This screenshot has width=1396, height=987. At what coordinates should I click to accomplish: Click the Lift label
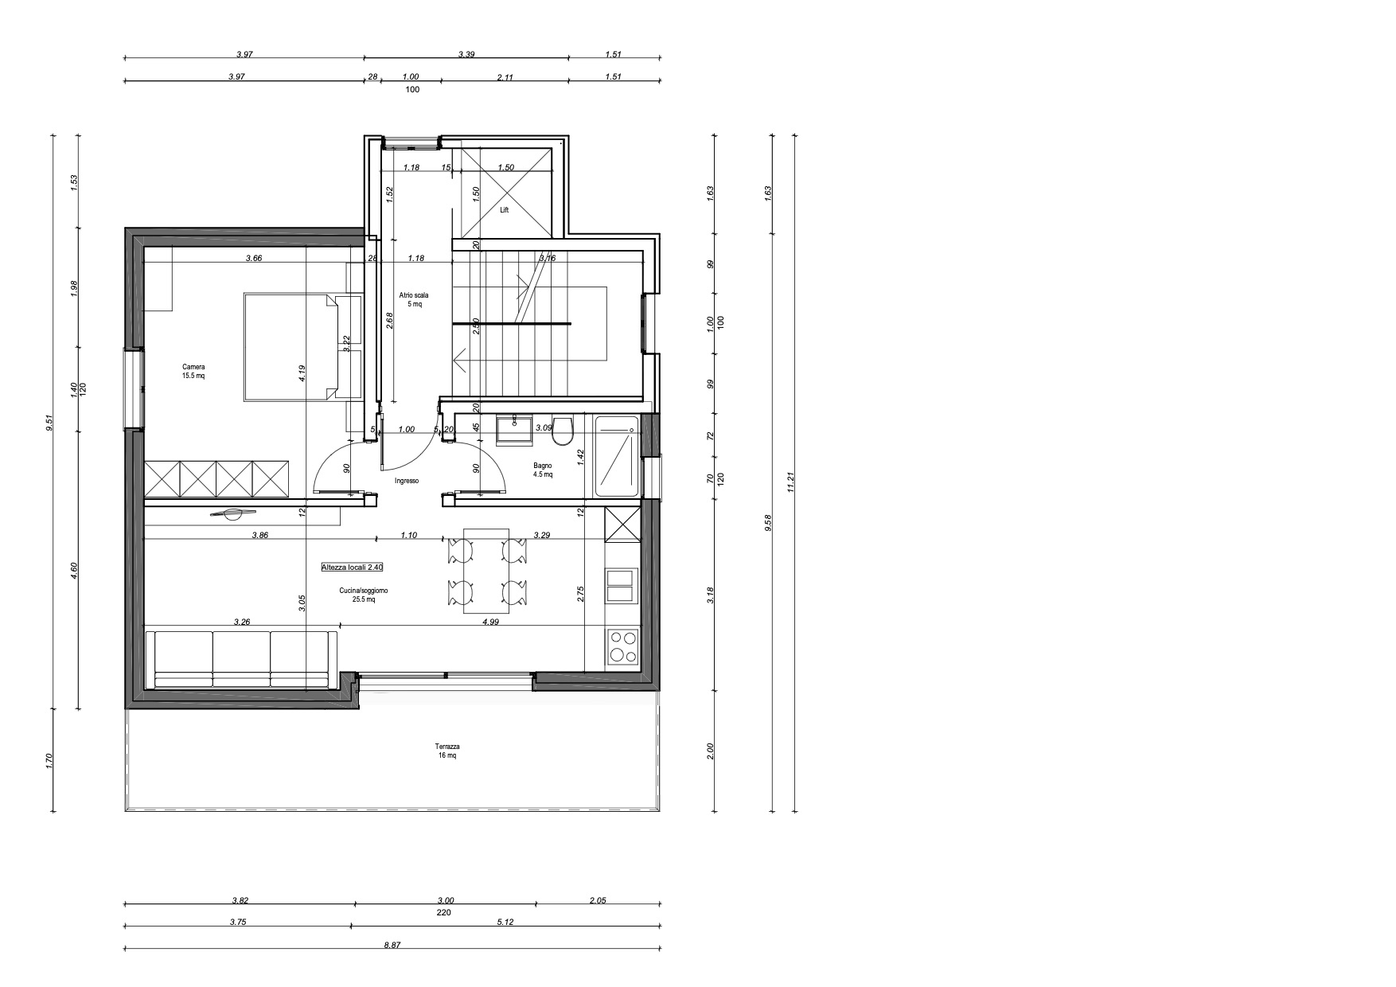[504, 211]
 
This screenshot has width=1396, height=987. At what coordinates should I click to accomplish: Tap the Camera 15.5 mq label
[193, 372]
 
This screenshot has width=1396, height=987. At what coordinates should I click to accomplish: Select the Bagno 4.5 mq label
[543, 470]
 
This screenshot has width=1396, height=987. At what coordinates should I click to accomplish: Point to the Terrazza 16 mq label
[447, 751]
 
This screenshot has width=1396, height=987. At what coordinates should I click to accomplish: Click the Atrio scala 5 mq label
[414, 299]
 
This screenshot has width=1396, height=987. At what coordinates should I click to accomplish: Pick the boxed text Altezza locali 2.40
[353, 568]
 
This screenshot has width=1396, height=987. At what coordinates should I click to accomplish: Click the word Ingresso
[407, 481]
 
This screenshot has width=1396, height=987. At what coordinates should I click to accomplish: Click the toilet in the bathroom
[563, 431]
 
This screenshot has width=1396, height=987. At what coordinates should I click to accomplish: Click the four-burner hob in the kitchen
[622, 646]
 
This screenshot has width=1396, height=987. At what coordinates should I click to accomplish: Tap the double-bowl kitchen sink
[621, 585]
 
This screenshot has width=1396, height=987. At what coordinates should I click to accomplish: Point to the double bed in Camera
[302, 347]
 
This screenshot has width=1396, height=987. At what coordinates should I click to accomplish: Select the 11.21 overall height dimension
[790, 482]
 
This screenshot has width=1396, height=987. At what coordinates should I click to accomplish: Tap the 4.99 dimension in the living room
[490, 622]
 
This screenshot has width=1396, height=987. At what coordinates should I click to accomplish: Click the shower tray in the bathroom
[617, 457]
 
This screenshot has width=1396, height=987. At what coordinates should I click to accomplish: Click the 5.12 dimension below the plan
[507, 923]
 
